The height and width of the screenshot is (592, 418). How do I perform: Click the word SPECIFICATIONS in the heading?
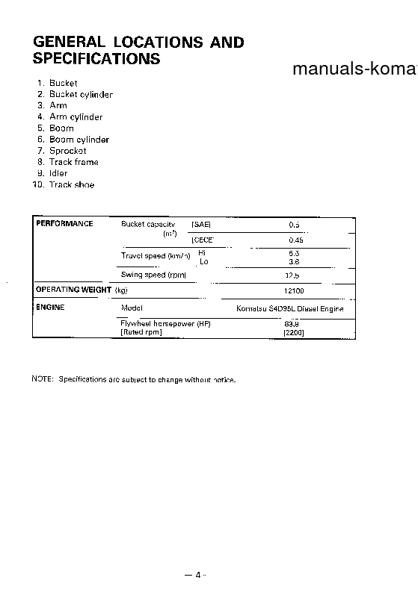point(97,58)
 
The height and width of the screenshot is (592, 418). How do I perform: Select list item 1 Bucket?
point(58,83)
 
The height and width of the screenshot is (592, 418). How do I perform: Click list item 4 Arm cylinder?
point(70,116)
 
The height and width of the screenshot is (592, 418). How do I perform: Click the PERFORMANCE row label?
point(65,223)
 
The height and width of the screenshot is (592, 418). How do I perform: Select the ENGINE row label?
point(51,307)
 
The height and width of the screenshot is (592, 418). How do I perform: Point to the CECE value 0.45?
point(295,240)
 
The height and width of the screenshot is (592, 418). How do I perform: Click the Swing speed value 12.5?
point(293,275)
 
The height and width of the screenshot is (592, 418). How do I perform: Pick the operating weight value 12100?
point(294,290)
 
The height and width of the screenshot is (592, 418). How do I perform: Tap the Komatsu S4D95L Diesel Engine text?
point(285,308)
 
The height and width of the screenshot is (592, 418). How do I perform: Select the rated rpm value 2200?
point(293,332)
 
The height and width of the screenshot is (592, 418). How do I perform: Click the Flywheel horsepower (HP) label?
point(165,324)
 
